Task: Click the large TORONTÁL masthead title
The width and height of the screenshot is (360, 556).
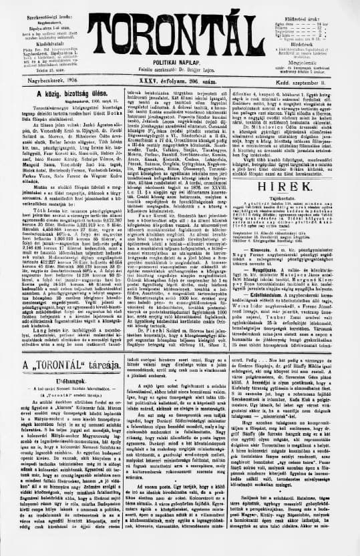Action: (x=180, y=30)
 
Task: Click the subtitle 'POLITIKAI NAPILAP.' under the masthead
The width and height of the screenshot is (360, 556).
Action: (x=180, y=61)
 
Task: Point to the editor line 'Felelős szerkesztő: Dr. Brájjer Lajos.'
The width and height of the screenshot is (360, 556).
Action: (x=180, y=69)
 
